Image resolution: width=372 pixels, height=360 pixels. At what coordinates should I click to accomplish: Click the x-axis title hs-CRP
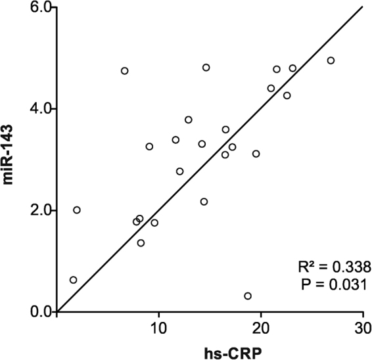[x=210, y=349]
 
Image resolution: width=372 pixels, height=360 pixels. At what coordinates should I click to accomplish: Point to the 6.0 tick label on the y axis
[x=41, y=7]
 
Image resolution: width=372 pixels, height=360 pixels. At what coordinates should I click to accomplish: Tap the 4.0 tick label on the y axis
[x=41, y=108]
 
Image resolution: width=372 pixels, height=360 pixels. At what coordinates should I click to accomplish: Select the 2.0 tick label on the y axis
[x=41, y=210]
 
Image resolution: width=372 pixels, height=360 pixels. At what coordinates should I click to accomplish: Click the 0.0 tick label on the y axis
[x=41, y=311]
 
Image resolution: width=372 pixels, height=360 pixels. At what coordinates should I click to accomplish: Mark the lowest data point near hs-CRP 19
[x=248, y=296]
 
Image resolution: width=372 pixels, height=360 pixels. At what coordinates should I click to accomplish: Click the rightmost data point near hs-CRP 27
[x=331, y=60]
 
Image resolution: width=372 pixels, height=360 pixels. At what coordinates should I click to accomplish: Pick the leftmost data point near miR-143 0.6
[x=73, y=280]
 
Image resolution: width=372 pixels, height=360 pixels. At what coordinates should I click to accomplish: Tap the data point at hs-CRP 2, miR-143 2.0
[x=77, y=210]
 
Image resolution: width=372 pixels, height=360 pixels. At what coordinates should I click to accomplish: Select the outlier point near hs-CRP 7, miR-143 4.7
[x=124, y=71]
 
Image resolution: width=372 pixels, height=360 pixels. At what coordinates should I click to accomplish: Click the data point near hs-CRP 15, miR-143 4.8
[x=206, y=68]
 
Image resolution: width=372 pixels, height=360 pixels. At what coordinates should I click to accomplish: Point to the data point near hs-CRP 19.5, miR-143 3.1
[x=256, y=154]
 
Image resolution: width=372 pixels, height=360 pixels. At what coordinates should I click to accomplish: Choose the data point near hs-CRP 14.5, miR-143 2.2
[x=204, y=202]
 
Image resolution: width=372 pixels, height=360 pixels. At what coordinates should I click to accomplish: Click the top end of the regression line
[x=362, y=8]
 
